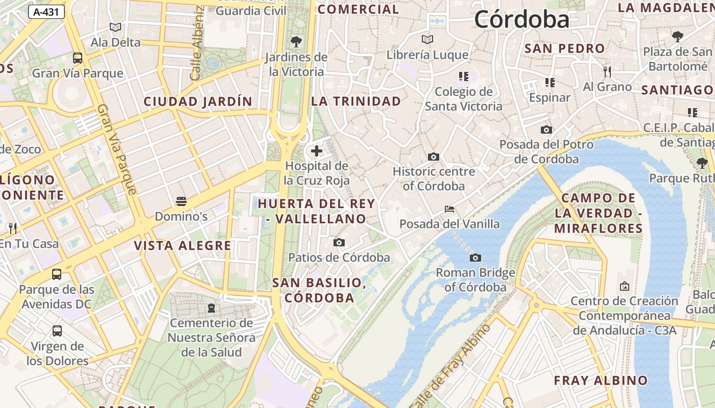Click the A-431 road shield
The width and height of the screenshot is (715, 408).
[46, 12]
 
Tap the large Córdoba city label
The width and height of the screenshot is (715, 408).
[521, 20]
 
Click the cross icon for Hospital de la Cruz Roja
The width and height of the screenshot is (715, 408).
[317, 151]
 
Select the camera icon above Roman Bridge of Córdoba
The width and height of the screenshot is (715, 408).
[475, 258]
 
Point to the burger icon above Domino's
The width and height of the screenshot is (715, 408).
[181, 201]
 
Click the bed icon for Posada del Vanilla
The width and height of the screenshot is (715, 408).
[449, 209]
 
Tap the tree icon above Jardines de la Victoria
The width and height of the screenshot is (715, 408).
[296, 42]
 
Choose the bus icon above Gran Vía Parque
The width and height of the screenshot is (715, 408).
[78, 58]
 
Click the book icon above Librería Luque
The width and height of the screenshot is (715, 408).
[427, 39]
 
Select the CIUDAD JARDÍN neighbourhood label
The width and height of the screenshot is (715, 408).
[198, 101]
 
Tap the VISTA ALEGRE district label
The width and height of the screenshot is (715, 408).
[182, 246]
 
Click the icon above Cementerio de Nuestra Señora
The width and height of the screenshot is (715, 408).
[210, 308]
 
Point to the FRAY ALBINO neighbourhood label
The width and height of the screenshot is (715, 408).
[601, 380]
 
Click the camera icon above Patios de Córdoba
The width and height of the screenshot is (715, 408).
[339, 242]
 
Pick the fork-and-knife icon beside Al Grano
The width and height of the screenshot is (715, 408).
[607, 71]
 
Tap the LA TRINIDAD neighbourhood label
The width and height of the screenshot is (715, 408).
[356, 101]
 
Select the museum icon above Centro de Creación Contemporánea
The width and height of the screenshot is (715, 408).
[624, 286]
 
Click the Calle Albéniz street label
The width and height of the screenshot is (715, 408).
[197, 43]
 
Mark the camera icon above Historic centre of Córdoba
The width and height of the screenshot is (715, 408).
[434, 157]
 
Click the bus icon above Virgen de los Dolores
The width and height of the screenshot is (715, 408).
[57, 331]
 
